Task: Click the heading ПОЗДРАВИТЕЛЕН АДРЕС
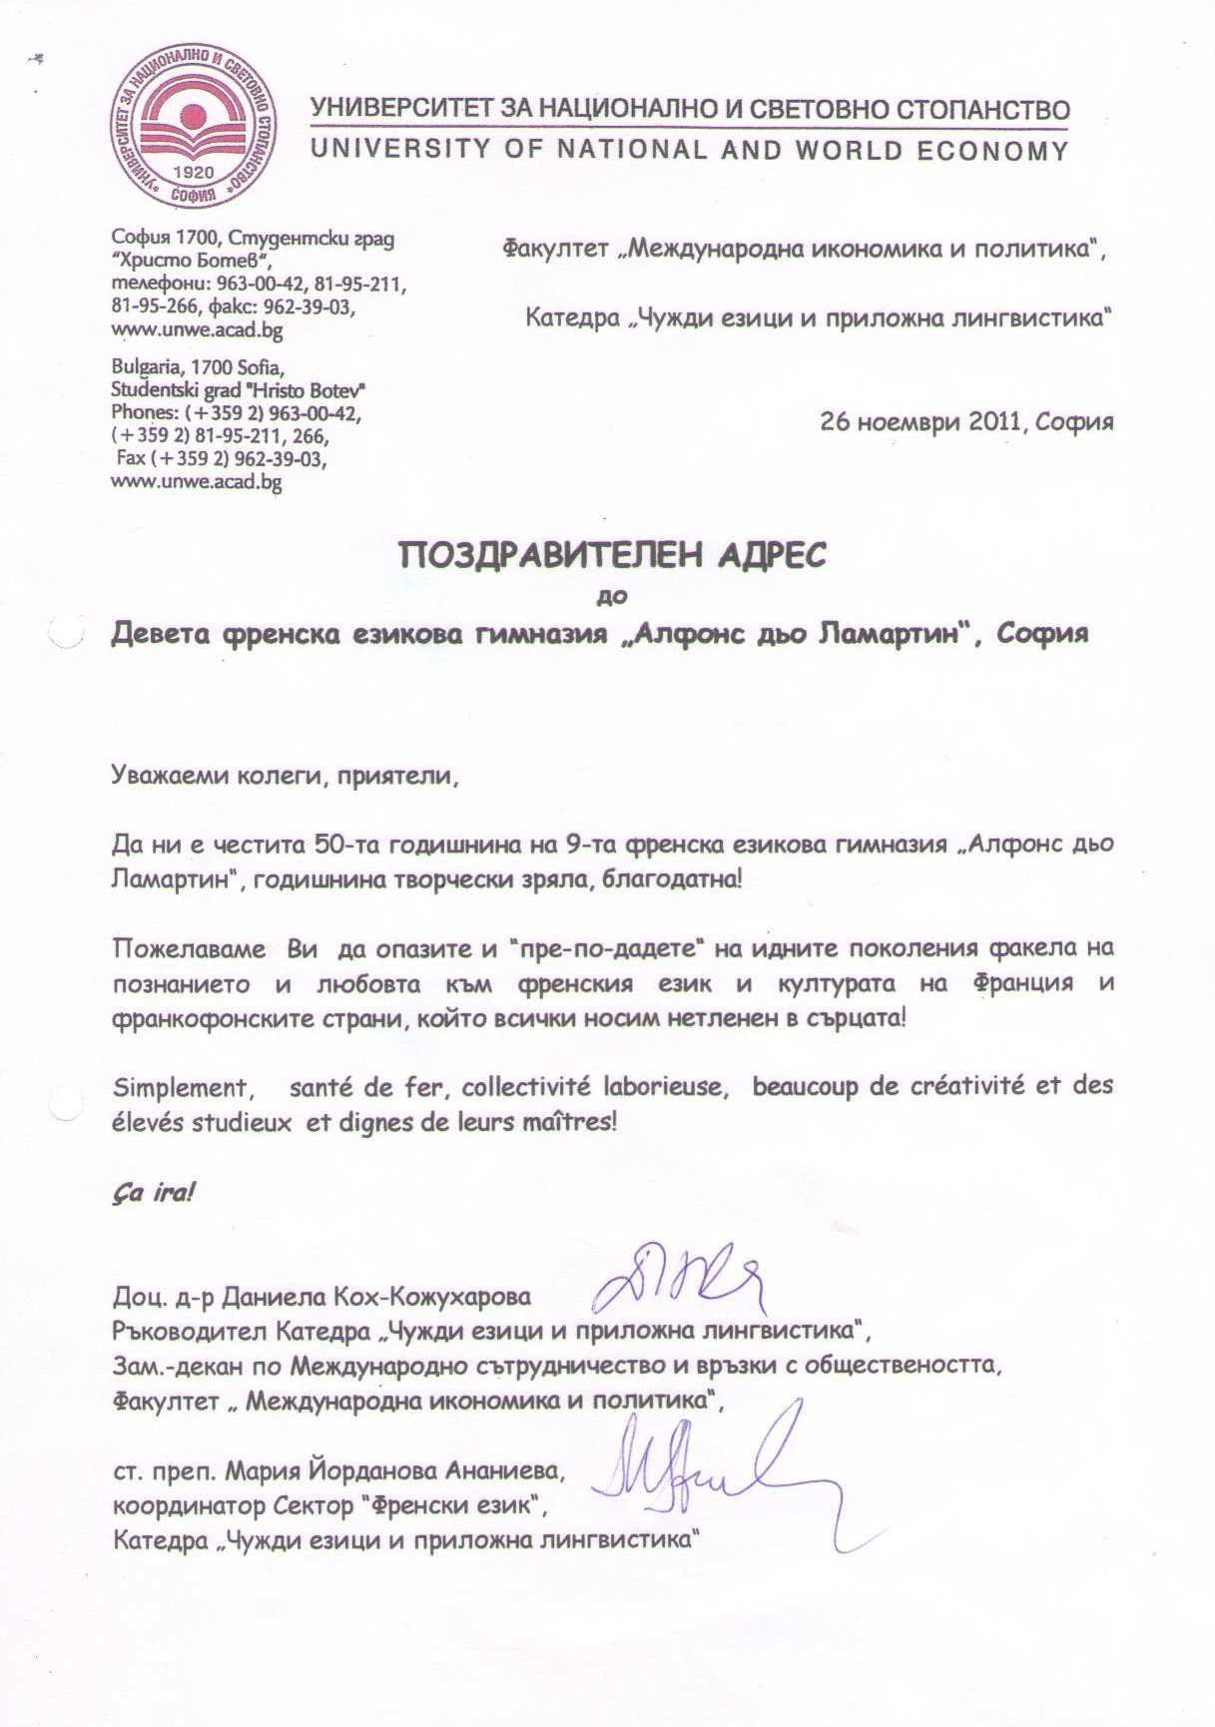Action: [x=613, y=555]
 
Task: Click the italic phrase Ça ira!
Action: [x=152, y=1193]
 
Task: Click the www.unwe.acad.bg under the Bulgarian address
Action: [x=197, y=330]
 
